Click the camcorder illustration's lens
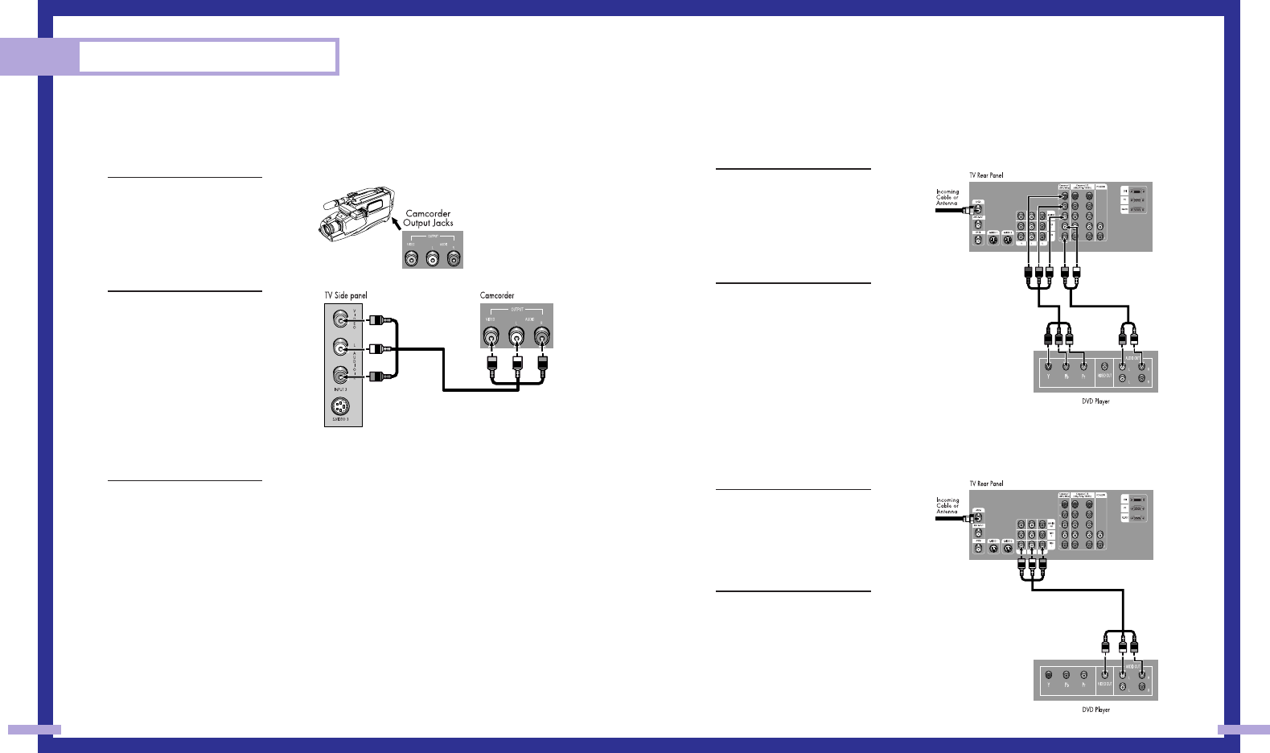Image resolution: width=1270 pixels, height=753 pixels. tap(328, 230)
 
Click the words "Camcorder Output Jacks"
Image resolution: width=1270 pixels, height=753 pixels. tap(428, 218)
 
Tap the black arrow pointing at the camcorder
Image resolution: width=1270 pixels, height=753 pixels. tap(395, 218)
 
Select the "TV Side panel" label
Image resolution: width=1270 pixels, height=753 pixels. tap(346, 295)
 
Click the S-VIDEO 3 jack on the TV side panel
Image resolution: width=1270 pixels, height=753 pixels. tap(340, 406)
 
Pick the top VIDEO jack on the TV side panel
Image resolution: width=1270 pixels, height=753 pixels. tap(340, 319)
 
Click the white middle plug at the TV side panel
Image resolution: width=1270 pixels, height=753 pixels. tap(376, 349)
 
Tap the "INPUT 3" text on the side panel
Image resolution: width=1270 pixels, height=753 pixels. tap(340, 389)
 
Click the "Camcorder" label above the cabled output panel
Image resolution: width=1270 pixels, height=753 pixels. tap(497, 295)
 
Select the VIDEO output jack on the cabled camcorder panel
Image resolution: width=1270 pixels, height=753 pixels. tap(491, 336)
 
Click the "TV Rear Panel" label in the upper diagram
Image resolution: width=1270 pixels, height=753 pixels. tap(986, 175)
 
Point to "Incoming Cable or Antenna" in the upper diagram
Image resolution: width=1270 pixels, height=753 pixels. tap(947, 198)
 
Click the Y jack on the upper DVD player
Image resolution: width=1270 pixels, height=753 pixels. tap(1048, 366)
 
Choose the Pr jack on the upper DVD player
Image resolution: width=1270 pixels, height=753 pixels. tap(1083, 366)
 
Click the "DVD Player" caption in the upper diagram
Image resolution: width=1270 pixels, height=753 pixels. tap(1095, 401)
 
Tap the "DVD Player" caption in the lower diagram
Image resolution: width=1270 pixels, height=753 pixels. tap(1095, 710)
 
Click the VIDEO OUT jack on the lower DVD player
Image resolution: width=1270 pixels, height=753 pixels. tap(1104, 675)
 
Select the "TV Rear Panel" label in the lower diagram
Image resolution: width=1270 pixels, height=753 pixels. tap(986, 483)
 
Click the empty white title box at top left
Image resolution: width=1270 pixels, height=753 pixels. tap(208, 57)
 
